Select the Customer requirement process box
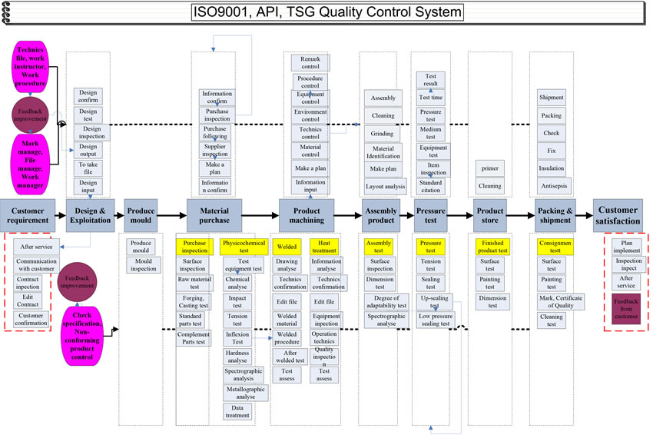click(x=28, y=211)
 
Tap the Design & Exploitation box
click(x=90, y=211)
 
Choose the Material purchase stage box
click(x=214, y=211)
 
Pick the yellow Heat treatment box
click(x=324, y=246)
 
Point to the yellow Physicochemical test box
click(x=244, y=246)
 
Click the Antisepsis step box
click(x=552, y=185)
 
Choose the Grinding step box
click(x=383, y=133)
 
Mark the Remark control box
click(x=310, y=62)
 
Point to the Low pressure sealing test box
click(x=435, y=320)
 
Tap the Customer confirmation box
click(x=31, y=319)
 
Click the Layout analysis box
click(x=385, y=186)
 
